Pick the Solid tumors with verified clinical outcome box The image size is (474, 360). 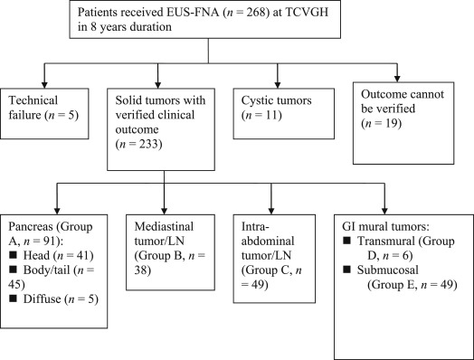[x=166, y=128]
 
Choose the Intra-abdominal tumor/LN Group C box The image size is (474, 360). [x=278, y=238]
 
